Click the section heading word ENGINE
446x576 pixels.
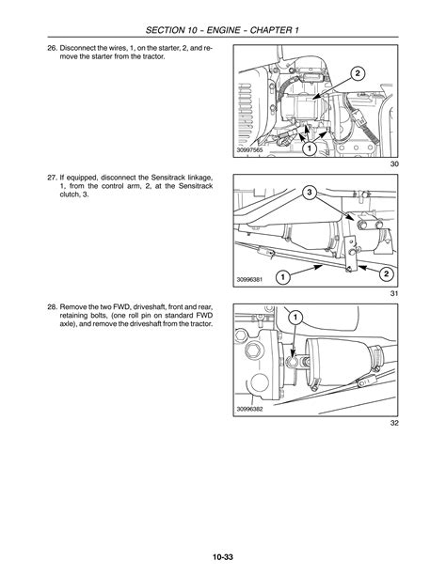223,30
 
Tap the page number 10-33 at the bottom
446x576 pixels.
223,557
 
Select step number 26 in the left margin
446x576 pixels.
53,48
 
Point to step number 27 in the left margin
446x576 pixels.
53,178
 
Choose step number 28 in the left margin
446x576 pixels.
53,306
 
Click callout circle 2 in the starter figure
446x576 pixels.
358,73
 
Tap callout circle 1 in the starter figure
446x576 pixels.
310,148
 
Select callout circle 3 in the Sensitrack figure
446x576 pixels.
310,192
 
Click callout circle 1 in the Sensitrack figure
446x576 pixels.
283,277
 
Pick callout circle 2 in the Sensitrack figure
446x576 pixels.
387,273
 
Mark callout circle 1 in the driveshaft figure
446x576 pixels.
296,318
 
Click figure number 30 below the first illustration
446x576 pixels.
394,163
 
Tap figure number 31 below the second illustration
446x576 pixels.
394,293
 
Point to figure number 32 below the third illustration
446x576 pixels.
394,423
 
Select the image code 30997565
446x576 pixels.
249,150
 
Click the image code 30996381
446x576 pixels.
249,280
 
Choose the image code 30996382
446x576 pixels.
249,409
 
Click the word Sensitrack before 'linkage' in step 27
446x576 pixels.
164,178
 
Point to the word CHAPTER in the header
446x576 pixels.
270,30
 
